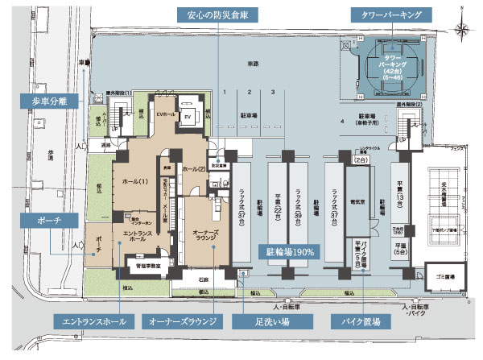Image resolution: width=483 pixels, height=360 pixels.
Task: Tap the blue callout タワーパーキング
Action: pos(390,15)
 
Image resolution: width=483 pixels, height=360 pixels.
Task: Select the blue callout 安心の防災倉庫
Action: pos(217,15)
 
